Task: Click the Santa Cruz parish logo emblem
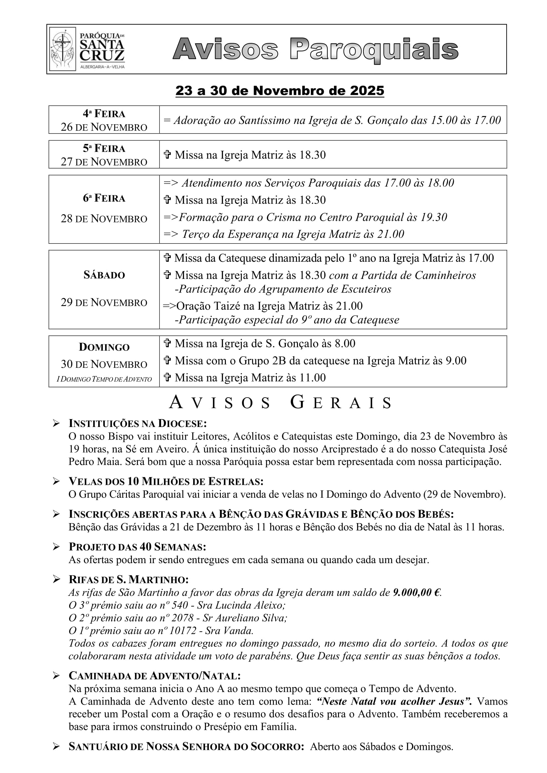point(63,49)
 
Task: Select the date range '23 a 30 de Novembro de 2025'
point(279,91)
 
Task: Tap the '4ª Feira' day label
point(104,113)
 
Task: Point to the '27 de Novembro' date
point(104,162)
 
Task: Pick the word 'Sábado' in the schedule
point(104,275)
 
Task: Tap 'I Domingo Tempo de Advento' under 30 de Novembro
point(104,379)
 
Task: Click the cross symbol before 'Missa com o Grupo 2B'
point(167,361)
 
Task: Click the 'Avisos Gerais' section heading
point(280,402)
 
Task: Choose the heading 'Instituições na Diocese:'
point(138,423)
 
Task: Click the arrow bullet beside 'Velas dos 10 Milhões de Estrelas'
point(56,482)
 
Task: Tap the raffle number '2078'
point(182,618)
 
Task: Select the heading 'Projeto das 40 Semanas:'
point(137,547)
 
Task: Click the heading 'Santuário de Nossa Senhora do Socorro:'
point(186,747)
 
